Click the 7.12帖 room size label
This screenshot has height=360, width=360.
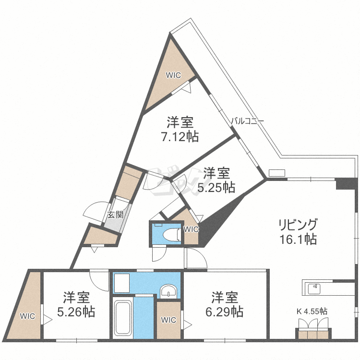click(x=180, y=137)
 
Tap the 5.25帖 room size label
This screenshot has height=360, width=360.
click(x=216, y=188)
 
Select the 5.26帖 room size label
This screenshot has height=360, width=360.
click(x=76, y=312)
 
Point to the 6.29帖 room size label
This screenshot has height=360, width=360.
click(x=224, y=312)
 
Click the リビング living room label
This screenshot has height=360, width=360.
click(x=298, y=225)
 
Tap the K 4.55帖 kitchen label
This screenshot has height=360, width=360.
click(x=312, y=312)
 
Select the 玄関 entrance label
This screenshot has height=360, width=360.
click(x=116, y=215)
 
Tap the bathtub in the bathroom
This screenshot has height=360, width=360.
click(x=123, y=318)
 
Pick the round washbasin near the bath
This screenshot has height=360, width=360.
click(x=168, y=291)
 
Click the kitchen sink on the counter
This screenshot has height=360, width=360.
click(x=314, y=289)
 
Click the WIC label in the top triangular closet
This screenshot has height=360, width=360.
click(x=173, y=75)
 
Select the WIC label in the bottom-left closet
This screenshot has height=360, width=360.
click(x=27, y=316)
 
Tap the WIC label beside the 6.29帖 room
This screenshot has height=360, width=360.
click(x=168, y=320)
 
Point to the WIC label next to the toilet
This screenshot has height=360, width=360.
click(x=191, y=229)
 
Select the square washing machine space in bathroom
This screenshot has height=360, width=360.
click(x=121, y=283)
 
